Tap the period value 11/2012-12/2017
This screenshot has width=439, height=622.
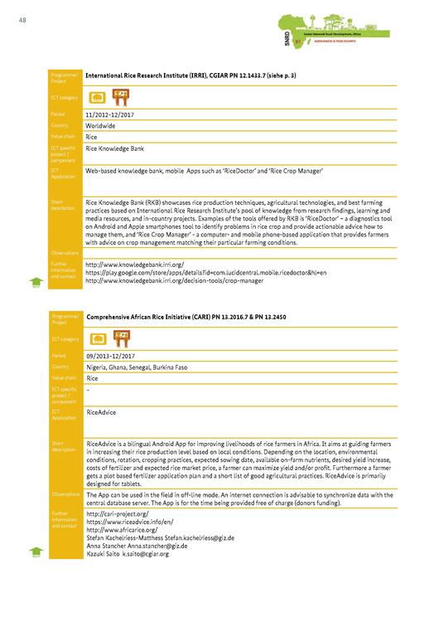110,113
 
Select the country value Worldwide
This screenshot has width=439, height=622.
101,124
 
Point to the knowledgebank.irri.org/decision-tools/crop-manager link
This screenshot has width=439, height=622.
175,281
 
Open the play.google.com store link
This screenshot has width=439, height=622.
205,272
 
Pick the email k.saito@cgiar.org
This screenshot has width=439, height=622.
145,553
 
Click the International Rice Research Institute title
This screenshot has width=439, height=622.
191,76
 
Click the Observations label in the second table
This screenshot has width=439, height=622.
65,494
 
